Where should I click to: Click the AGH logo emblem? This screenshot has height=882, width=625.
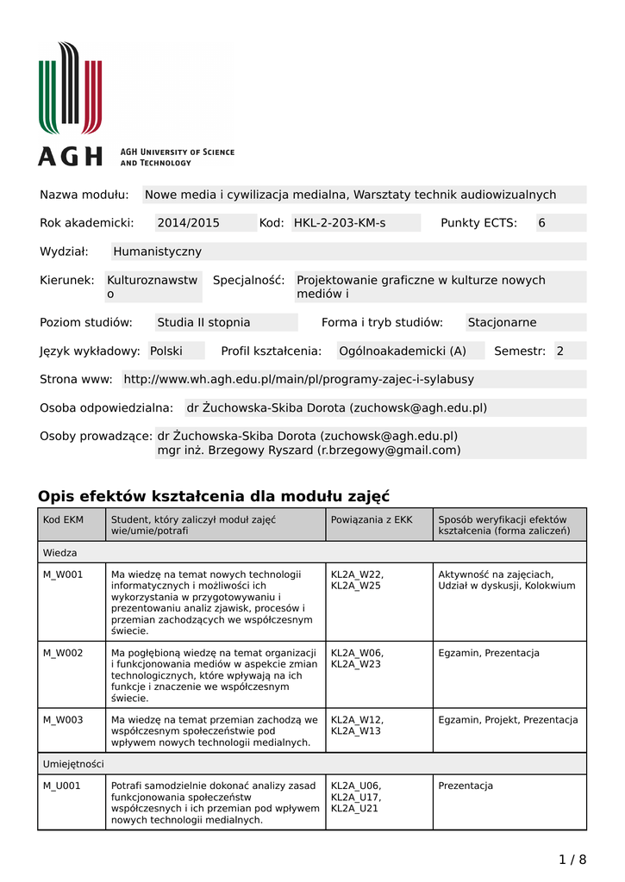pyautogui.click(x=71, y=88)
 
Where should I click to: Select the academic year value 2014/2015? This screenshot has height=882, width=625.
pyautogui.click(x=188, y=223)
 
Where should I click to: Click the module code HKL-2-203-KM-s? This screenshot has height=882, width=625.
pyautogui.click(x=340, y=223)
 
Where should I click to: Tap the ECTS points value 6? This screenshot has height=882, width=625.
pyautogui.click(x=542, y=223)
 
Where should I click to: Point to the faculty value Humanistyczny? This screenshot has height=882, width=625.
pyautogui.click(x=157, y=252)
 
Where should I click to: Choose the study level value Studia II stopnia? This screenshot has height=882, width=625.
pyautogui.click(x=203, y=322)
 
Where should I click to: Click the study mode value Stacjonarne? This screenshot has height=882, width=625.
pyautogui.click(x=502, y=322)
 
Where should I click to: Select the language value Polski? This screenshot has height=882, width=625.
pyautogui.click(x=166, y=351)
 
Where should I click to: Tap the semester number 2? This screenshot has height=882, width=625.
pyautogui.click(x=560, y=351)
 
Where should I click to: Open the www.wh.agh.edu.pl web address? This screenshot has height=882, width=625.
pyautogui.click(x=298, y=379)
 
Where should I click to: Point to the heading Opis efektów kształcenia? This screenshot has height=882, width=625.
pyautogui.click(x=214, y=496)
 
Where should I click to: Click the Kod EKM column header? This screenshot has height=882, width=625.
pyautogui.click(x=64, y=519)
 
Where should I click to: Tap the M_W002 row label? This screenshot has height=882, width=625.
pyautogui.click(x=64, y=653)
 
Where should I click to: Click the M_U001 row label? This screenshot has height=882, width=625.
pyautogui.click(x=62, y=786)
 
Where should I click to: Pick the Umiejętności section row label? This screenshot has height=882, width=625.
pyautogui.click(x=73, y=764)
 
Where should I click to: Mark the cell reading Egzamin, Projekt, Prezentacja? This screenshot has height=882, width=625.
pyautogui.click(x=508, y=720)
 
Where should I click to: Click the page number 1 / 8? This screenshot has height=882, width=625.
pyautogui.click(x=572, y=859)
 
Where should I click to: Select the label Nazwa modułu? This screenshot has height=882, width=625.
pyautogui.click(x=84, y=195)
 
